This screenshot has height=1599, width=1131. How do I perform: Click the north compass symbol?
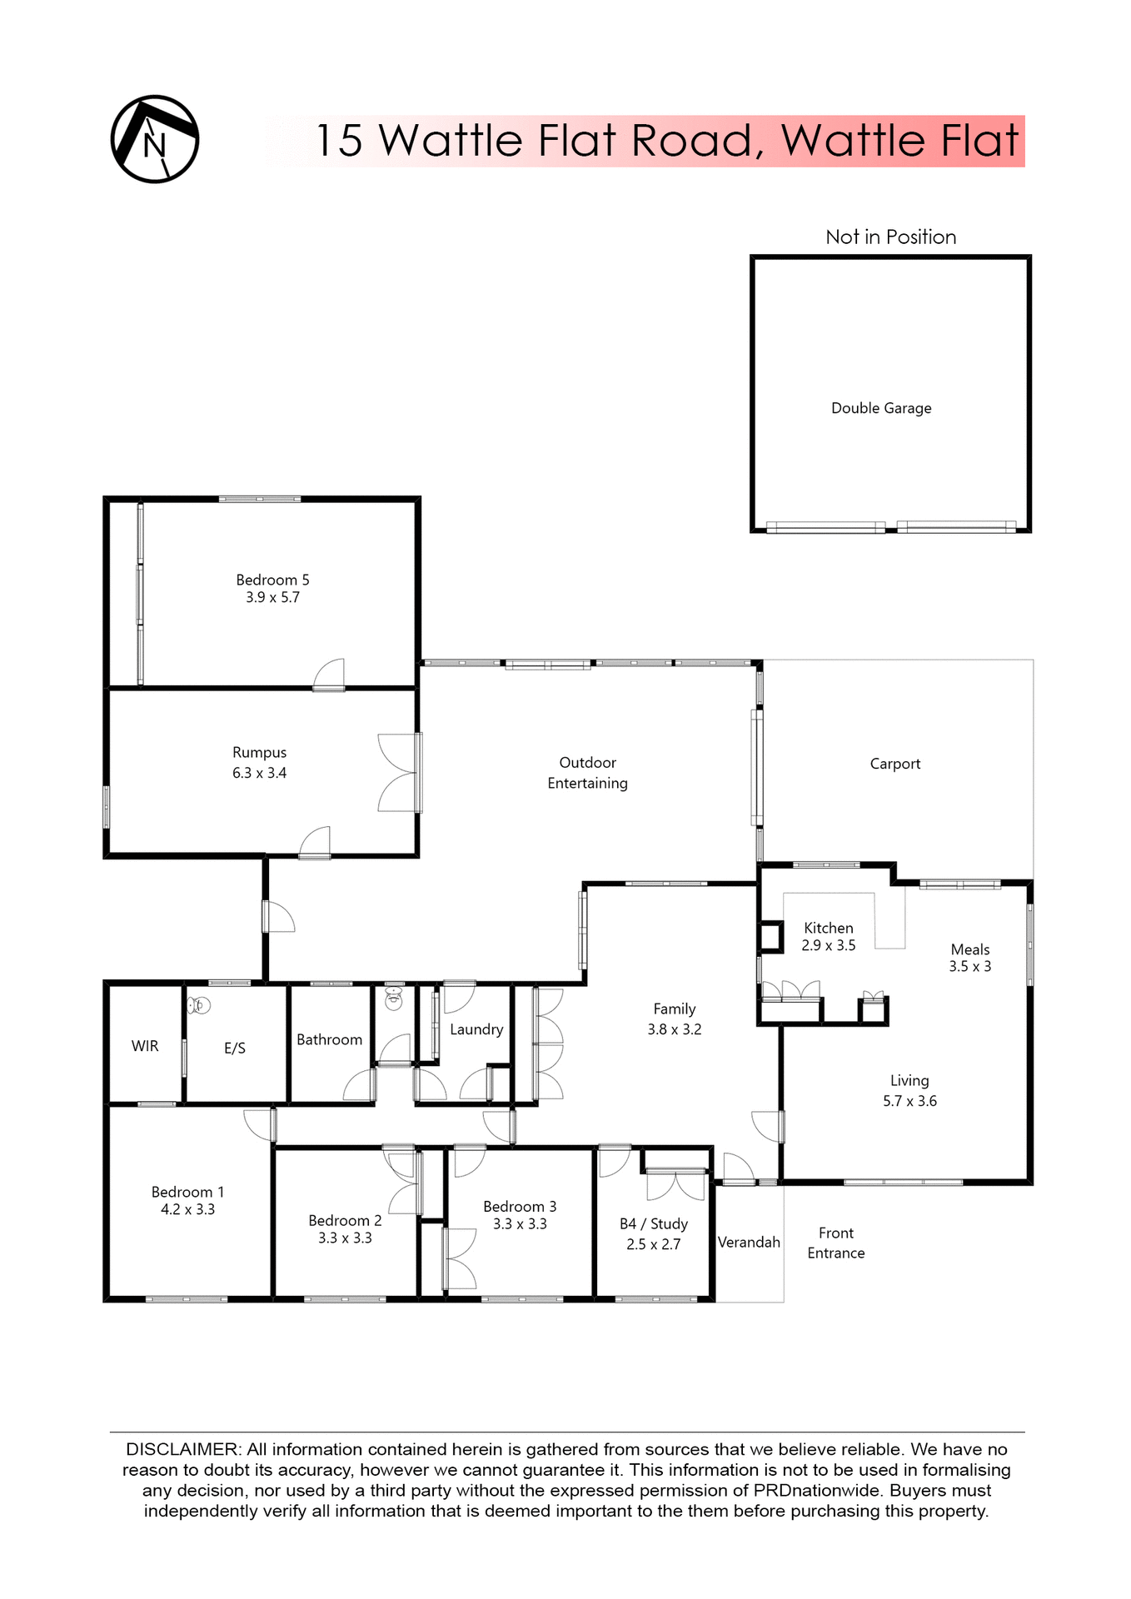[154, 139]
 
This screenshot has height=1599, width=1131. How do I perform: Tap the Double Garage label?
[881, 408]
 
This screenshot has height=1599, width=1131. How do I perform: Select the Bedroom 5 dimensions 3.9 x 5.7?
[272, 598]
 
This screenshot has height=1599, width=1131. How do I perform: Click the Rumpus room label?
[259, 752]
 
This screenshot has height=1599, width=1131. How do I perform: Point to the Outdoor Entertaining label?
[587, 773]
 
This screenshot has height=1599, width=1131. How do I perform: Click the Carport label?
[894, 764]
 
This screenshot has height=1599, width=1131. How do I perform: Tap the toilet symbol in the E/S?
[198, 1006]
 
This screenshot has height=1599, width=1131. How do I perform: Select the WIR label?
[145, 1046]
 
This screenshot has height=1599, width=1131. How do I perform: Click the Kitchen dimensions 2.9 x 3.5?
[828, 946]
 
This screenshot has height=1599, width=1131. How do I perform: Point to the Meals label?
[969, 949]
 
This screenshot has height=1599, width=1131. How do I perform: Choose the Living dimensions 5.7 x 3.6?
[909, 1101]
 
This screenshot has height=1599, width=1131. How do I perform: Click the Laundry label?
[476, 1029]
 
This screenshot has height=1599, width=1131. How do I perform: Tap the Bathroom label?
[329, 1039]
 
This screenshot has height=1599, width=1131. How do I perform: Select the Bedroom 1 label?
[187, 1192]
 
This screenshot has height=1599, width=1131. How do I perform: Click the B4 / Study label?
[653, 1223]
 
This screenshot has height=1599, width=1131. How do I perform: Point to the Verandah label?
[749, 1242]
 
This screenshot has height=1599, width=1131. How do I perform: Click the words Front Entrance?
[835, 1243]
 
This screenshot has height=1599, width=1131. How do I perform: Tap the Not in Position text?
[890, 237]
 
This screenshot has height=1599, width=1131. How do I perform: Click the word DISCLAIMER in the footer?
[182, 1450]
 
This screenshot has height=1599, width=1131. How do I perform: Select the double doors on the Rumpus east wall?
[400, 773]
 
